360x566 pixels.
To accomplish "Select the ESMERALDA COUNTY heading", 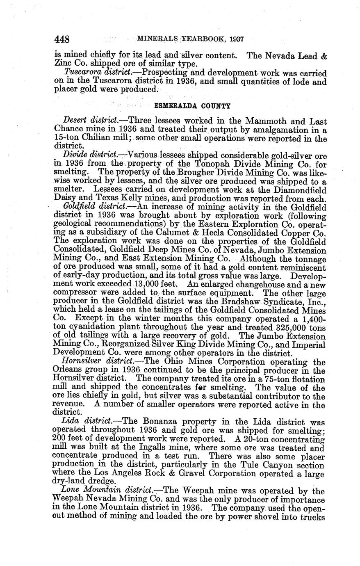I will pos(192,105).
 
